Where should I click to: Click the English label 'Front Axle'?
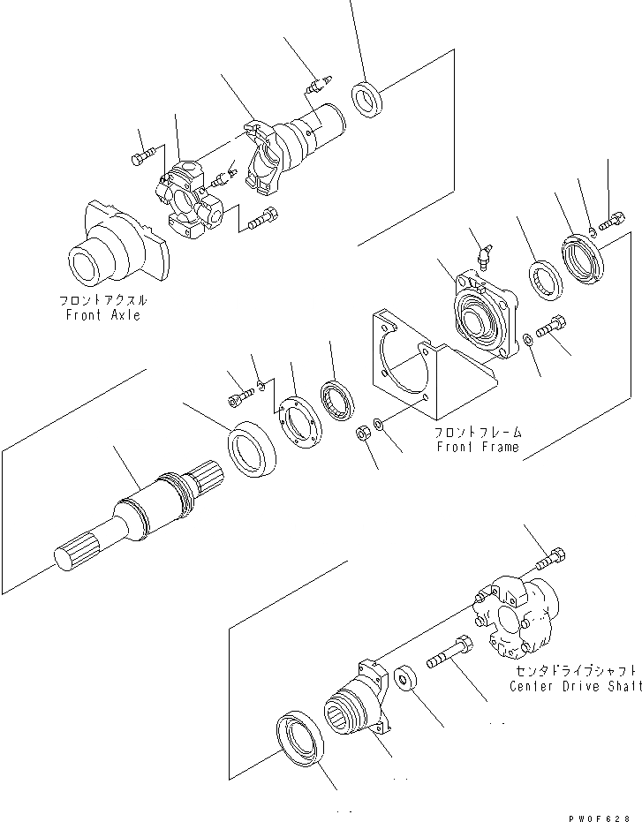[x=104, y=314]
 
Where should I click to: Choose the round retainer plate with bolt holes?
[x=295, y=419]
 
